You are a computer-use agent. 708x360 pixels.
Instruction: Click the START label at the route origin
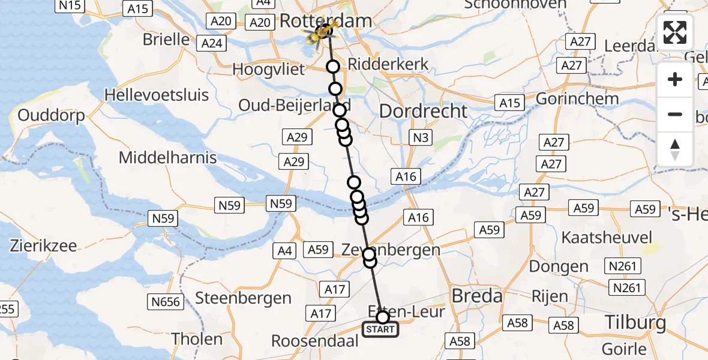point(380,329)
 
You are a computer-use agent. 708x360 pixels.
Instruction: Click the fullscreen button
point(675,32)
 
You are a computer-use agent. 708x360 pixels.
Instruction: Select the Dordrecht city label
point(423,111)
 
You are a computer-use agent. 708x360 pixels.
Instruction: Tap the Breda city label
point(476,296)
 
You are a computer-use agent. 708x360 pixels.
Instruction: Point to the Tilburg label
point(635,323)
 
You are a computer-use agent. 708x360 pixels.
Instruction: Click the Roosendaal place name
point(315,341)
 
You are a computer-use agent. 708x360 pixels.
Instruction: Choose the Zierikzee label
point(43,245)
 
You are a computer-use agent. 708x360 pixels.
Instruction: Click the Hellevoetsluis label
point(157,95)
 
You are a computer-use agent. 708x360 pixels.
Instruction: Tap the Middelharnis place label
point(167,158)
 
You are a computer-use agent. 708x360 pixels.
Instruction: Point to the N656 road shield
point(166,302)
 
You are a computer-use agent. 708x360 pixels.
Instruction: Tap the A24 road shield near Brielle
point(212,43)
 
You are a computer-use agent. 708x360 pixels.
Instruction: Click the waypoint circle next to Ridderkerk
point(332,67)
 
